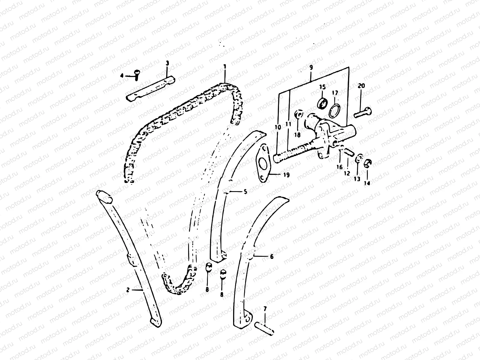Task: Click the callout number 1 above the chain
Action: pos(224,66)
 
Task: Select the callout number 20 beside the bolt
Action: pos(361,86)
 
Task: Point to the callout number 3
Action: pos(167,63)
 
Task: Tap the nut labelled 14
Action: pos(368,163)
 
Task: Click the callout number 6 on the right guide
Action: pos(271,256)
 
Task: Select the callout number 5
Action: pos(245,191)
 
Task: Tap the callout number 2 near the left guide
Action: pos(128,290)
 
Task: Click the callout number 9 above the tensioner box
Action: pos(311,67)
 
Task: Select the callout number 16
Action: pos(339,167)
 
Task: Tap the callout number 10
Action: pos(277,127)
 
